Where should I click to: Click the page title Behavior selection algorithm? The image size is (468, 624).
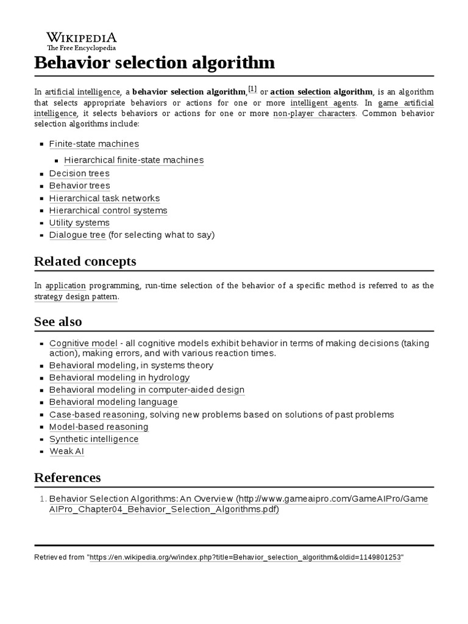[x=154, y=63]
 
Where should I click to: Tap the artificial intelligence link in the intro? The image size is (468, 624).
[x=83, y=92]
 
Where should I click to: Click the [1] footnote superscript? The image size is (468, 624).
[x=252, y=89]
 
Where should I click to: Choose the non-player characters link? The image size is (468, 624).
[x=314, y=113]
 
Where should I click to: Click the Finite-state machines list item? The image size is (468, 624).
[x=94, y=144]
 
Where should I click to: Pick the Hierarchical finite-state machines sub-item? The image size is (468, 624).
[x=133, y=160]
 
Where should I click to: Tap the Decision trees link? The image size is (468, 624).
[x=79, y=174]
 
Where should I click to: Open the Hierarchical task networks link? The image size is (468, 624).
[x=104, y=198]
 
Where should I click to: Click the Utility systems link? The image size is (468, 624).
[x=79, y=222]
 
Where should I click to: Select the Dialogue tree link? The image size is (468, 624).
[x=77, y=235]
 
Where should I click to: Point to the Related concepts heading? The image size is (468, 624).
[x=85, y=261]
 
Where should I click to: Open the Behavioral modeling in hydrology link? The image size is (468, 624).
[x=119, y=378]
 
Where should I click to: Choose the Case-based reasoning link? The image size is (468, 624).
[x=97, y=414]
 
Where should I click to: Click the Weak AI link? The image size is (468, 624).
[x=66, y=452]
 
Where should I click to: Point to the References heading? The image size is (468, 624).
[x=68, y=477]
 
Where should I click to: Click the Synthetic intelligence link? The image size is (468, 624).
[x=94, y=439]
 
